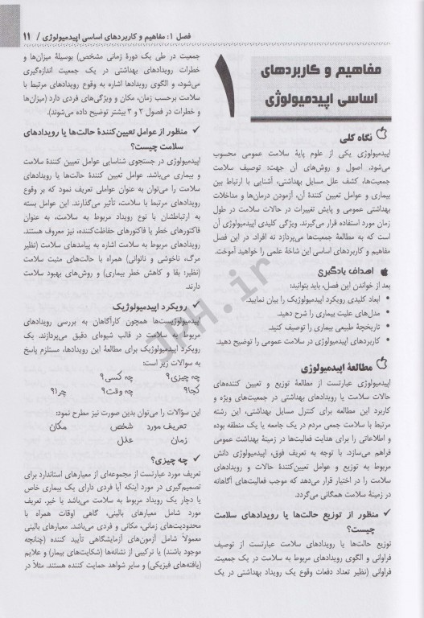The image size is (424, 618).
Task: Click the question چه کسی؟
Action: [x=118, y=375]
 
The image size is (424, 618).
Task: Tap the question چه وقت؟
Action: [x=117, y=390]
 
